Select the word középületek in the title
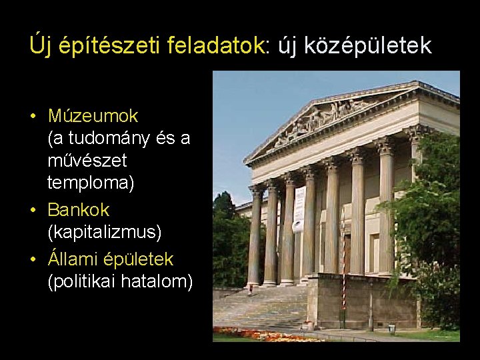[367, 45]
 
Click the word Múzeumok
[93, 116]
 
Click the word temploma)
[91, 182]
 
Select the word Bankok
[78, 209]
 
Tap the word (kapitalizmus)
[105, 232]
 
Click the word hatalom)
[161, 281]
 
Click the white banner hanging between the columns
[299, 209]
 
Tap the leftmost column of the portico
[255, 237]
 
